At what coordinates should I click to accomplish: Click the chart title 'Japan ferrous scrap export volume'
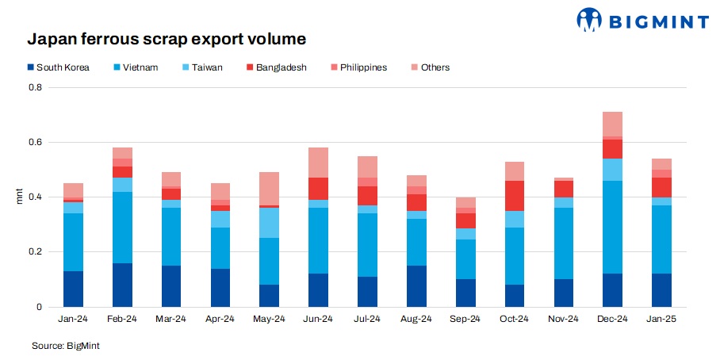click(x=167, y=39)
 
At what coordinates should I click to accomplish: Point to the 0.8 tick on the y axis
click(x=36, y=87)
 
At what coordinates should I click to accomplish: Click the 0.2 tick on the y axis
click(x=36, y=252)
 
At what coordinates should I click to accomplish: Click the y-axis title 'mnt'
click(x=20, y=197)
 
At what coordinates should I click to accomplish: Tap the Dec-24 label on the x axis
click(x=611, y=319)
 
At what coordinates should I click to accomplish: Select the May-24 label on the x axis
click(x=269, y=319)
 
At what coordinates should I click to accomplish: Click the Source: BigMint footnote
click(x=66, y=346)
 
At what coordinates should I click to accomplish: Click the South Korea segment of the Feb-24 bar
click(x=122, y=285)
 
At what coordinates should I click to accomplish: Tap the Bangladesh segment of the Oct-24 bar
click(x=514, y=196)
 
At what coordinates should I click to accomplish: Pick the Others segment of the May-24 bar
click(x=269, y=189)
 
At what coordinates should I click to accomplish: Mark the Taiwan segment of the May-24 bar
click(x=269, y=223)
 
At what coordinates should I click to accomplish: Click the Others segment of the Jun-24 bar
click(x=318, y=163)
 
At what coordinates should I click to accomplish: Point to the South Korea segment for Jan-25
click(x=661, y=290)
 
